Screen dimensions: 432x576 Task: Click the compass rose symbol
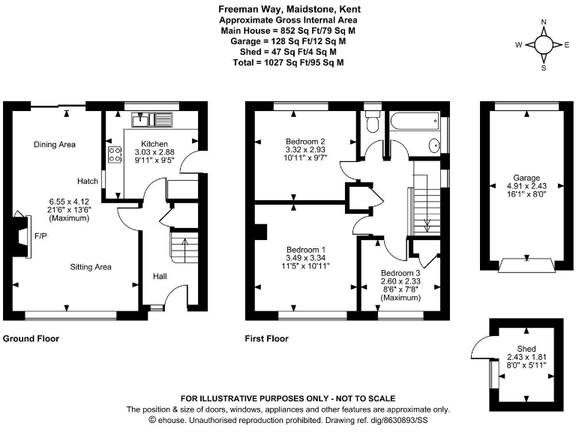(x=544, y=44)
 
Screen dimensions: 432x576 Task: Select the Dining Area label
(x=55, y=144)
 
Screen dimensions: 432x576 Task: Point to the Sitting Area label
(x=91, y=266)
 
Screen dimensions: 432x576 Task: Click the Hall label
(x=160, y=276)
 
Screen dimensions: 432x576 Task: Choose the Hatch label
(x=87, y=181)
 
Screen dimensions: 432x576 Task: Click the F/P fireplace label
(x=40, y=235)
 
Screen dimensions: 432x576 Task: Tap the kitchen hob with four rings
(x=115, y=154)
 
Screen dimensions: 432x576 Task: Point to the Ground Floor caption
(x=31, y=339)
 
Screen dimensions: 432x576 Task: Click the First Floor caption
(x=266, y=339)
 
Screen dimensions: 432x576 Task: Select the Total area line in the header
(x=288, y=64)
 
